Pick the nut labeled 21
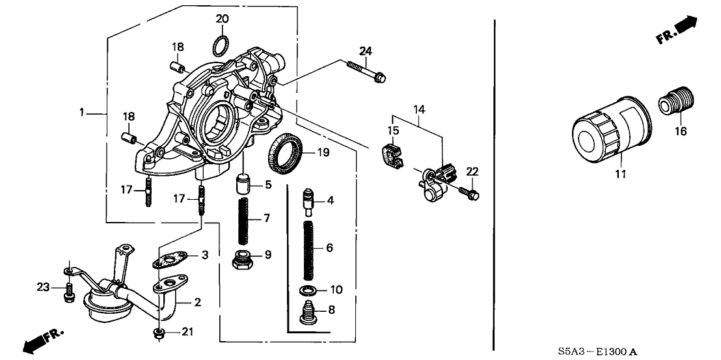point(158,334)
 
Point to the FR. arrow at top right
point(677,31)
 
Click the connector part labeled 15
point(389,154)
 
